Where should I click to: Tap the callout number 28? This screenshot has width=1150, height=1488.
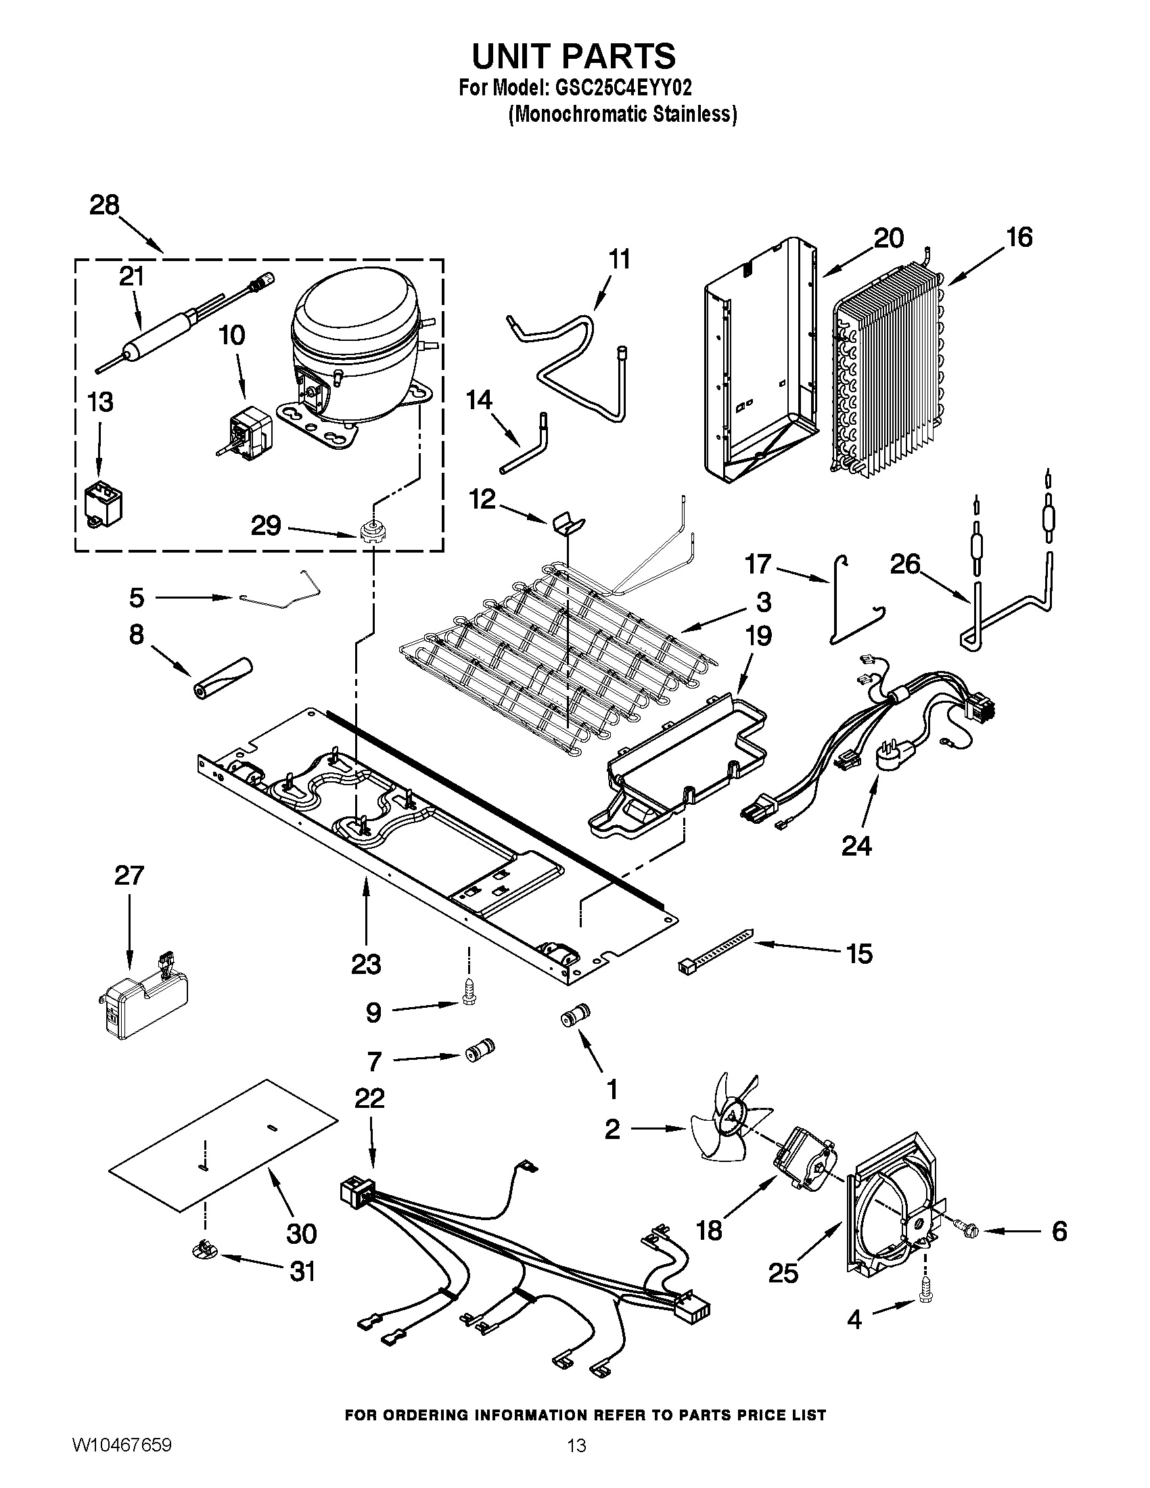tap(104, 205)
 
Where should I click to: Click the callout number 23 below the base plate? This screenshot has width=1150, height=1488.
tap(366, 964)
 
